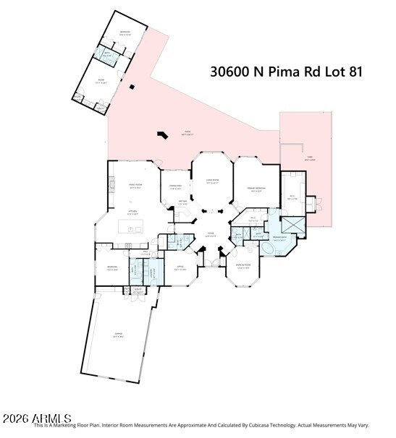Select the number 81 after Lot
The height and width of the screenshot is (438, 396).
[352, 72]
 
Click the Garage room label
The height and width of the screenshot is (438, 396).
[117, 334]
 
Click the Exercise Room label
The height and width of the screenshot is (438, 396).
[242, 265]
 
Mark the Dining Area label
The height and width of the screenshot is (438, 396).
[175, 187]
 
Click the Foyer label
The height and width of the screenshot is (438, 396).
[211, 234]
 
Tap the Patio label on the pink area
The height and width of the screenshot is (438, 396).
[186, 132]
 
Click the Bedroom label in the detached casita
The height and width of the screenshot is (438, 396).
[125, 31]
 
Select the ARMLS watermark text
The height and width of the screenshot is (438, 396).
[36, 418]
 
